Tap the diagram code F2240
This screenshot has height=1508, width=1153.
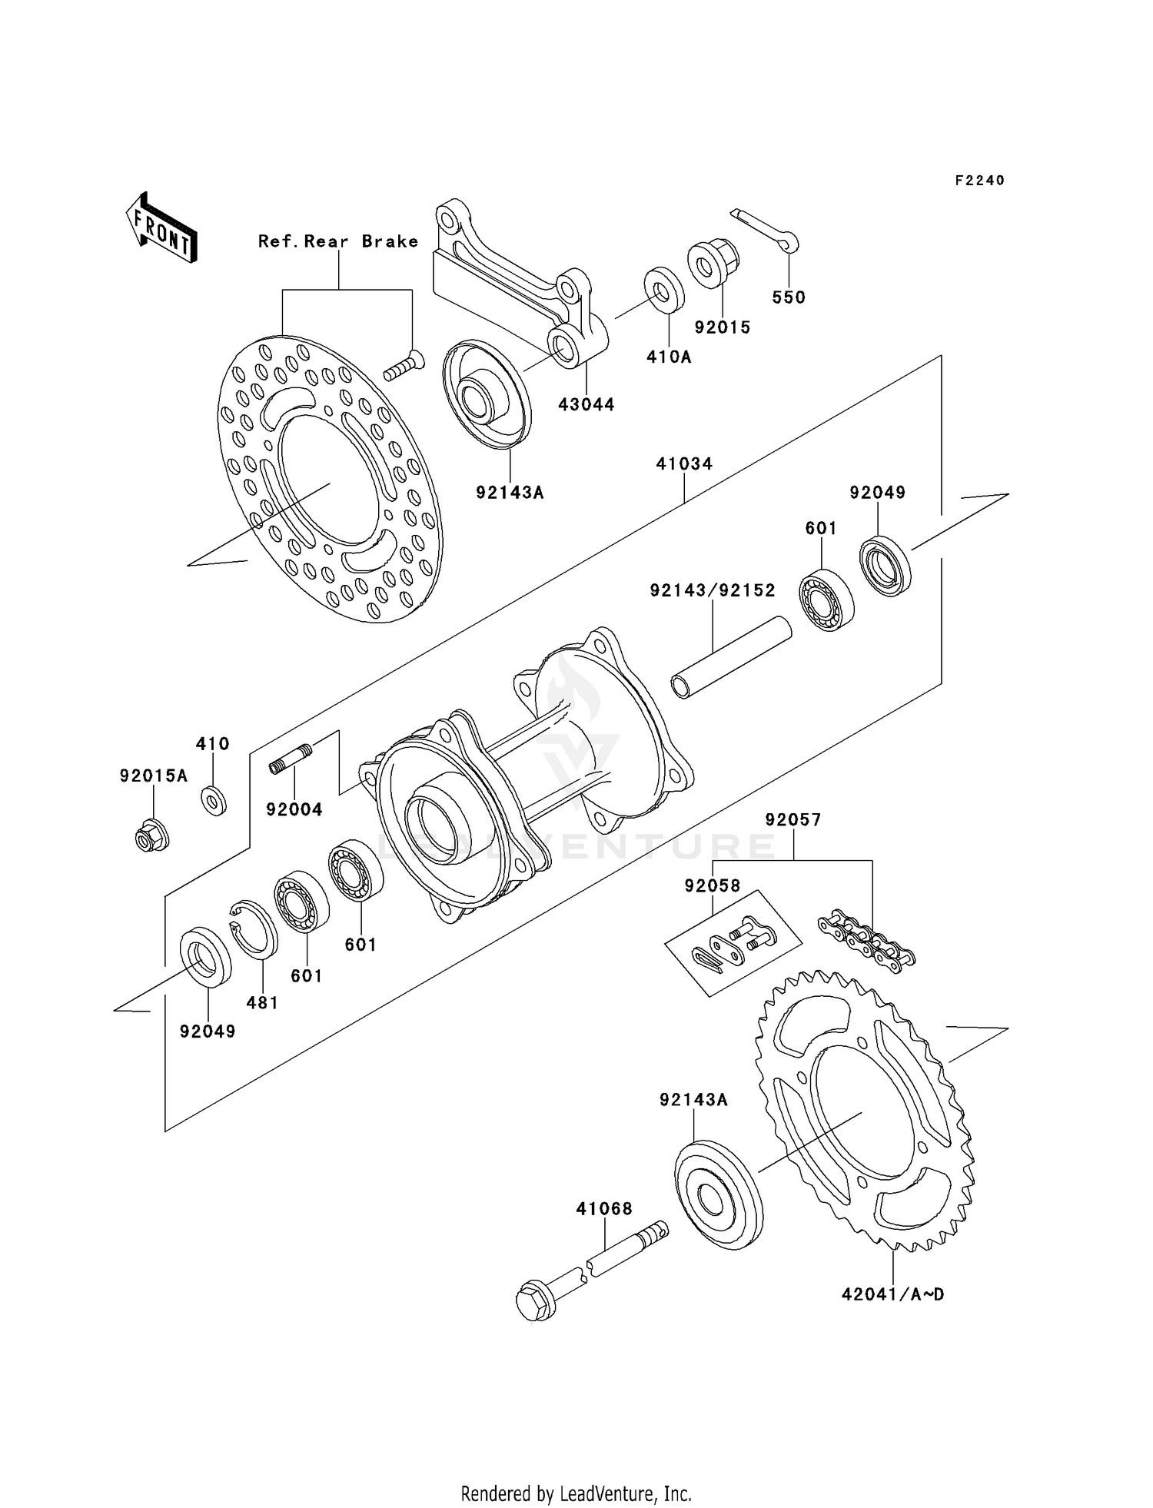979,181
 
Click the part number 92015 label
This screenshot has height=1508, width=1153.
722,327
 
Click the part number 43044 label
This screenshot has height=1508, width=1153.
586,405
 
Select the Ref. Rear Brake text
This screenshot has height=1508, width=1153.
338,241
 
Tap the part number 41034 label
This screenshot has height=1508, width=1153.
684,464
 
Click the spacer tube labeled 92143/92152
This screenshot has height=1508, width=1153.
730,657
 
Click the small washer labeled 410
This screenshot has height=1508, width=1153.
214,801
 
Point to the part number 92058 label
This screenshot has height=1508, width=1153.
713,886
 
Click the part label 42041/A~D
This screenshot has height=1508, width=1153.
892,1295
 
